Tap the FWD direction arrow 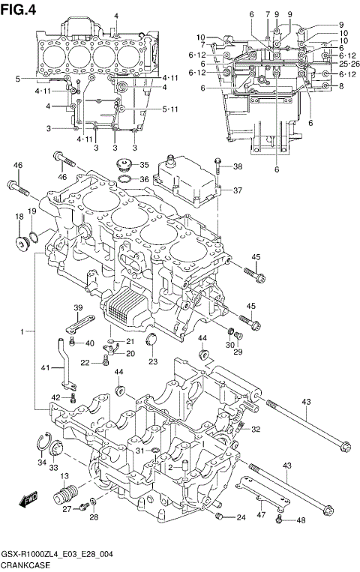(30, 499)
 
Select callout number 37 (237, 190)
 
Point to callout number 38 (237, 166)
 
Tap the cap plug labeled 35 (122, 165)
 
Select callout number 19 (32, 211)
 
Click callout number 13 (64, 477)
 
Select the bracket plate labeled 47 (259, 499)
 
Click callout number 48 (301, 521)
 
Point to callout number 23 (153, 362)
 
